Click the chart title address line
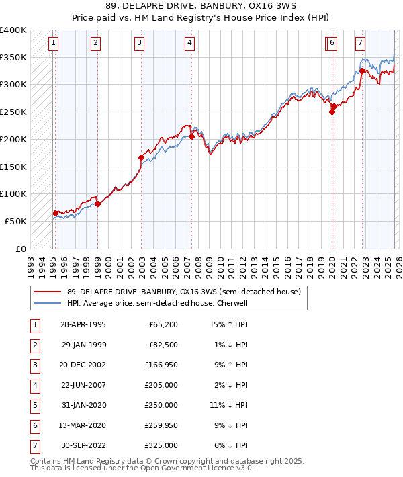[201, 7]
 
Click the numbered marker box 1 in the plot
[54, 44]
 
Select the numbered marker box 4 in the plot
[191, 44]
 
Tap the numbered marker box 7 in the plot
[361, 44]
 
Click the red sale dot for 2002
[142, 157]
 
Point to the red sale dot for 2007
[192, 136]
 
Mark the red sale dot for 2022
[362, 71]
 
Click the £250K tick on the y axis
[13, 112]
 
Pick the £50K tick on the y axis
[16, 221]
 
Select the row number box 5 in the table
[34, 405]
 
